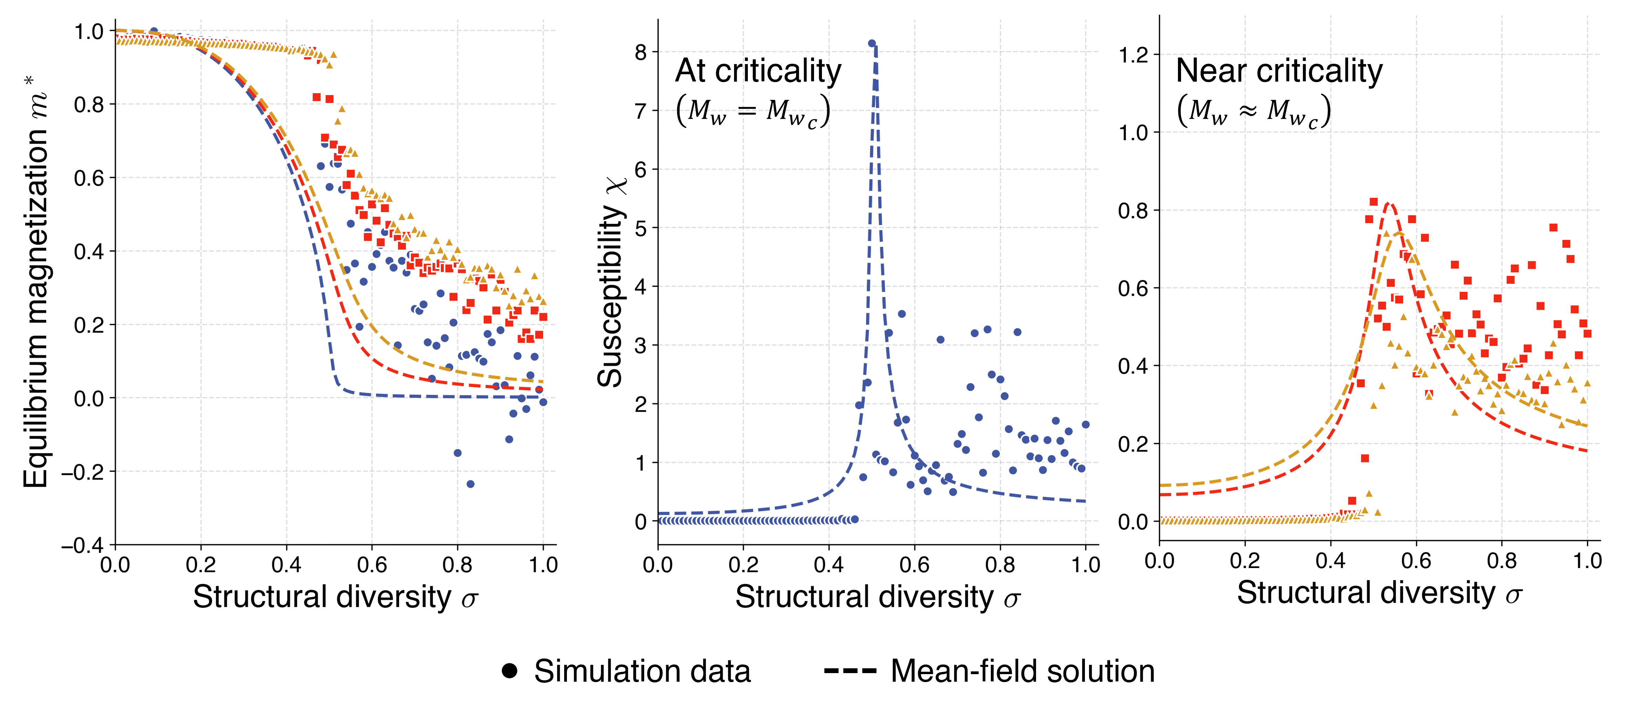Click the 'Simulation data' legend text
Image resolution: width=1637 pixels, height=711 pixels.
click(x=642, y=672)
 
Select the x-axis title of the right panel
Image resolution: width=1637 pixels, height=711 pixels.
click(x=1379, y=593)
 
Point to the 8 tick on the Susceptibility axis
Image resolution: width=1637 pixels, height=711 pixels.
click(x=641, y=52)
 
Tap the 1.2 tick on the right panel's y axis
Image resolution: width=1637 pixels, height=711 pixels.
click(x=1134, y=55)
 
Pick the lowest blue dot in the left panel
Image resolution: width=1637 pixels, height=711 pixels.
click(x=470, y=484)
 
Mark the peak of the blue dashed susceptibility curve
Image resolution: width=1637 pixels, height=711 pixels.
click(x=875, y=48)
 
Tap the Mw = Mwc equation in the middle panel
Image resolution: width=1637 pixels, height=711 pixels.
click(x=753, y=111)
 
